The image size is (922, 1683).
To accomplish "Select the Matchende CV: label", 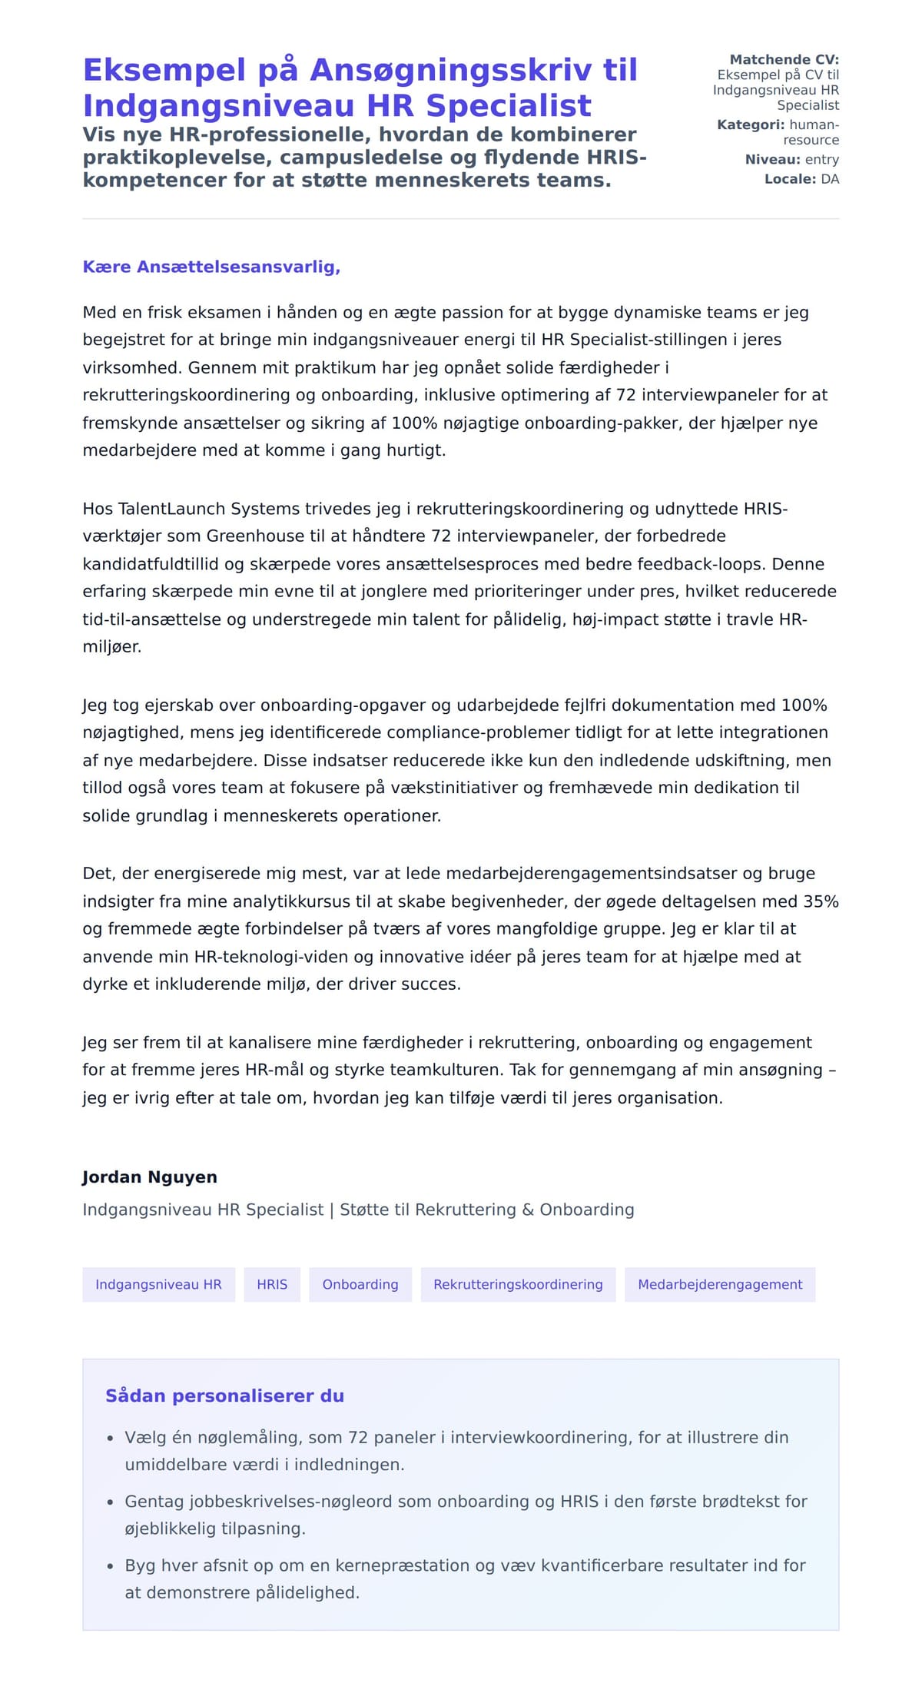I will [784, 59].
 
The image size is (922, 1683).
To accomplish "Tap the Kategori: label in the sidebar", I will [751, 124].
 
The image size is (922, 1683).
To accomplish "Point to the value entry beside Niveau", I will [821, 160].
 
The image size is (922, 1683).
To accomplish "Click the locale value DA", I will [830, 179].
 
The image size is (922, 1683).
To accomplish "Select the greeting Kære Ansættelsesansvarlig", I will [211, 267].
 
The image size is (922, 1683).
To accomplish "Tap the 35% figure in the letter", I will [821, 901].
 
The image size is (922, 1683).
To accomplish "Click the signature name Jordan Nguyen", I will [150, 1177].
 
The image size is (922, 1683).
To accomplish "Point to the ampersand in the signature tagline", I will [528, 1210].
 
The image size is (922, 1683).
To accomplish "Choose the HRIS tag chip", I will [272, 1284].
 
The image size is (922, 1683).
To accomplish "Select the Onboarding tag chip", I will [360, 1284].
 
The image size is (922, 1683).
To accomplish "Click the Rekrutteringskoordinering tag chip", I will [518, 1284].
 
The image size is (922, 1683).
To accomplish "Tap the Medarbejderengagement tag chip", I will [720, 1284].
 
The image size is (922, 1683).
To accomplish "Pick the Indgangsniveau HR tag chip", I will [158, 1284].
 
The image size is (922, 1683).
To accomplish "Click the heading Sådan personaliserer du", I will [224, 1396].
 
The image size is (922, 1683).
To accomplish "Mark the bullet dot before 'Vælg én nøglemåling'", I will [110, 1438].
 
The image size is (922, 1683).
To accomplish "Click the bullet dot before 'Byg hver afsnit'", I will [110, 1565].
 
